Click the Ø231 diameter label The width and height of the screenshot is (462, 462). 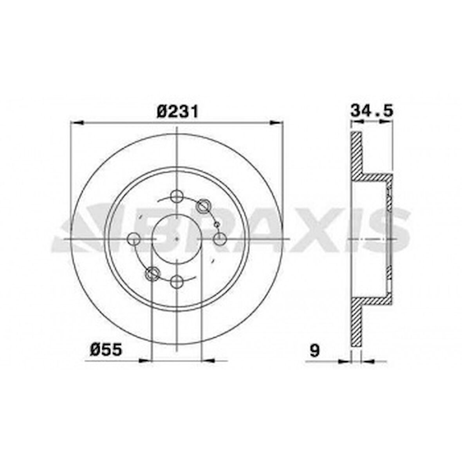[177, 112]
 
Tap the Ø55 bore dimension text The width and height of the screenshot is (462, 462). [106, 349]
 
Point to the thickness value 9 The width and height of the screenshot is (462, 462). [314, 350]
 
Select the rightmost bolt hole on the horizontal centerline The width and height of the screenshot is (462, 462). [220, 238]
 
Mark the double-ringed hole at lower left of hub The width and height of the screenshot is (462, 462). [152, 273]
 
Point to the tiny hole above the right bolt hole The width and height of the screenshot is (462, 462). [216, 224]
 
